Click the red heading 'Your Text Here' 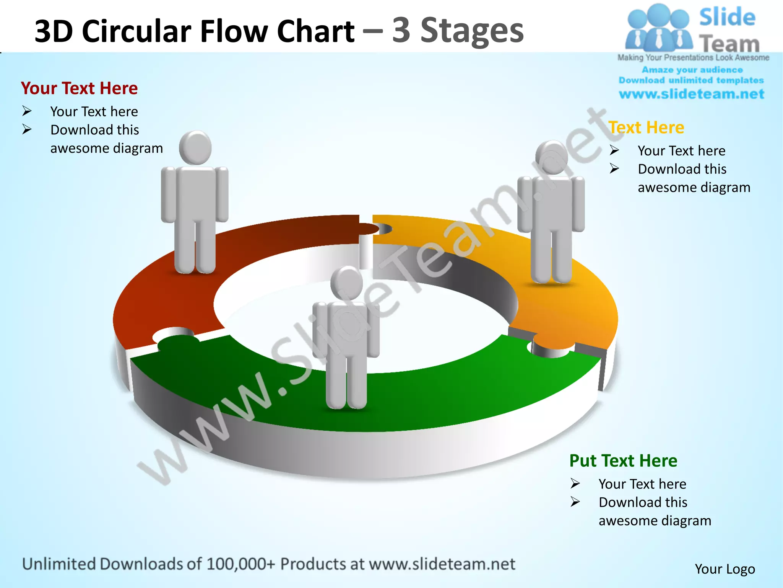click(x=79, y=88)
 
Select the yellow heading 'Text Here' click(x=646, y=127)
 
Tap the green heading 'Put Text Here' click(x=623, y=461)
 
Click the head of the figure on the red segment click(x=195, y=147)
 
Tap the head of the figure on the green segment click(x=347, y=284)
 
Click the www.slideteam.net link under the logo click(x=691, y=94)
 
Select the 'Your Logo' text click(x=725, y=569)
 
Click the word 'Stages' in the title click(x=472, y=31)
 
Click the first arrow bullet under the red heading click(x=27, y=111)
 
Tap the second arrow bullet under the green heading click(x=575, y=502)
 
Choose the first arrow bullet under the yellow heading click(x=614, y=150)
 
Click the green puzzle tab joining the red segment click(x=178, y=341)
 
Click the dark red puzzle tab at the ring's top click(x=367, y=229)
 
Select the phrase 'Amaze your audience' click(x=692, y=70)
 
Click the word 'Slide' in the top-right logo click(x=727, y=18)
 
